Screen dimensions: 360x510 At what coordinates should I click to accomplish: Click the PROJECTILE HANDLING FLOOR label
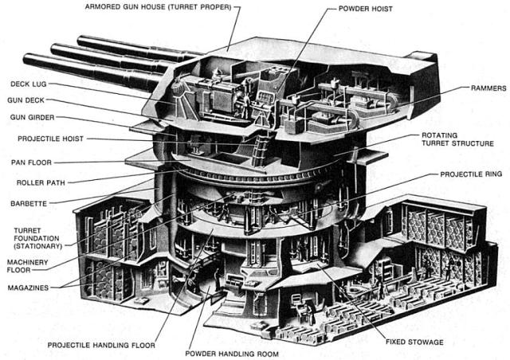100,346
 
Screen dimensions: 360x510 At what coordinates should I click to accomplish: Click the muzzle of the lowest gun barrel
27,58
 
